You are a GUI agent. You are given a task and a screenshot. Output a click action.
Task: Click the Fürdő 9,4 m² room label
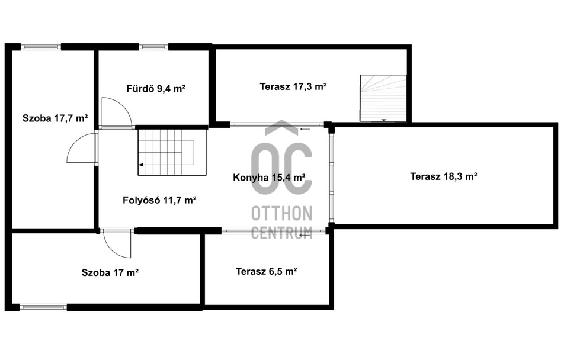pyautogui.click(x=156, y=88)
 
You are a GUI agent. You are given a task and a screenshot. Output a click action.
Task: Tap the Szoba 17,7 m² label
pyautogui.click(x=55, y=118)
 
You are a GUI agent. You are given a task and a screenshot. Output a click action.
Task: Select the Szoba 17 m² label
pyautogui.click(x=110, y=272)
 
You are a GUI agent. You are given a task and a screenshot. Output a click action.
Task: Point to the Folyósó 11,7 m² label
pyautogui.click(x=159, y=200)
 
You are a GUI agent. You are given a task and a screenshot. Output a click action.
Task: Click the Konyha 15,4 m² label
pyautogui.click(x=270, y=177)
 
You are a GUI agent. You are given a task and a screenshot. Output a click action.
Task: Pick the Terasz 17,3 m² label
pyautogui.click(x=293, y=86)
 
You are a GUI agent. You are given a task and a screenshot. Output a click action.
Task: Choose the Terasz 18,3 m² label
pyautogui.click(x=444, y=176)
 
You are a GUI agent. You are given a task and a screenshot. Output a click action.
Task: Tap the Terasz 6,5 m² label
pyautogui.click(x=266, y=271)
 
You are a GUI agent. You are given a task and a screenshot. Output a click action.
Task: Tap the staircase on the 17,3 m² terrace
pyautogui.click(x=383, y=98)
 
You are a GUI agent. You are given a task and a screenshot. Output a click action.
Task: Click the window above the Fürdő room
pyautogui.click(x=153, y=46)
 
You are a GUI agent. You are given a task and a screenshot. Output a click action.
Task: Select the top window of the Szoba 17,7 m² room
pyautogui.click(x=41, y=46)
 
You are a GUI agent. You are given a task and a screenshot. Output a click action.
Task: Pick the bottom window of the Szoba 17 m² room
pyautogui.click(x=43, y=307)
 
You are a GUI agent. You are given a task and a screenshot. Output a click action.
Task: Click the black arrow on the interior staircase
pyautogui.click(x=141, y=165)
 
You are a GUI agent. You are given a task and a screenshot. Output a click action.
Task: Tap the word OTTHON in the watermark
pyautogui.click(x=281, y=214)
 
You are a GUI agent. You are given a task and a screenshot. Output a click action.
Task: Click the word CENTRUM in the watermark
pyautogui.click(x=281, y=232)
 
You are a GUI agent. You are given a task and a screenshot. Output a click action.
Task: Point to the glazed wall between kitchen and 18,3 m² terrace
pyautogui.click(x=331, y=178)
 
